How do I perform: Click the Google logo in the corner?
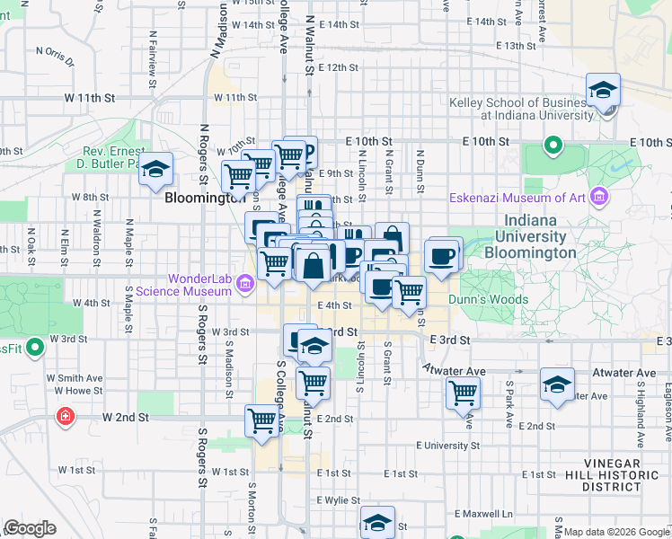(31, 527)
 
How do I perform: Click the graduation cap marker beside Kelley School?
(603, 91)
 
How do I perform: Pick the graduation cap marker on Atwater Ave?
(557, 384)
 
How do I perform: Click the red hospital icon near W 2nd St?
(65, 417)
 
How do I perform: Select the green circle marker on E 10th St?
(553, 145)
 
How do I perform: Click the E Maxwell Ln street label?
(482, 514)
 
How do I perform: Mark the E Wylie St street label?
(339, 500)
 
